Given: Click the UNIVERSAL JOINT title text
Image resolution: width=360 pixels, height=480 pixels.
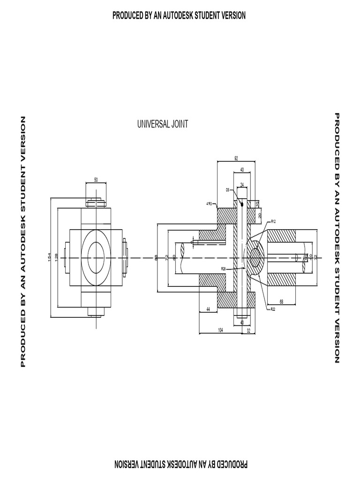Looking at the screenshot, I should click(x=163, y=124).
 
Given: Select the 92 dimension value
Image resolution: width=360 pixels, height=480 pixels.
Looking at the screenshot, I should click(x=236, y=158).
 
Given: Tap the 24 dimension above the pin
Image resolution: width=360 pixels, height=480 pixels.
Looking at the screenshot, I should click(x=242, y=184).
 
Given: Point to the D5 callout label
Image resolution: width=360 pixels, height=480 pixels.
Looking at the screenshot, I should click(x=227, y=190).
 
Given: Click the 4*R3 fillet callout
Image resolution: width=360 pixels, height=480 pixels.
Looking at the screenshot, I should click(x=209, y=204).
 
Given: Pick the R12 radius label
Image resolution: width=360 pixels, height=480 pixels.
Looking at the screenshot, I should click(x=273, y=221).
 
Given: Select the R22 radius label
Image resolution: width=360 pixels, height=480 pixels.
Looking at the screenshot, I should click(x=273, y=309).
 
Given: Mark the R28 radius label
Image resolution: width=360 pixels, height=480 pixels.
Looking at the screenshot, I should click(x=224, y=269).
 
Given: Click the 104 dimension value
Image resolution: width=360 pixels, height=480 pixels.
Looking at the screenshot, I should click(x=220, y=330).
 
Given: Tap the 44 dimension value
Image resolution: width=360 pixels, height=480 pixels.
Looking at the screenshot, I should click(x=208, y=310).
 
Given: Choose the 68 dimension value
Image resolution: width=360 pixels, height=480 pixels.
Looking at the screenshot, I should click(x=281, y=301).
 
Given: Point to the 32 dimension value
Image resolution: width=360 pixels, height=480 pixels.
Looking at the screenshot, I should click(x=248, y=330).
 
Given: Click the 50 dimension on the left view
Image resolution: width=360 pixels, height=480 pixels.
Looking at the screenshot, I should click(x=96, y=180).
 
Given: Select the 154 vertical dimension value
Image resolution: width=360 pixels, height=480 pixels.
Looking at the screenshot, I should click(x=49, y=257).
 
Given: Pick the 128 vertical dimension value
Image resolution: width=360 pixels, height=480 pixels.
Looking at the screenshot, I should click(x=56, y=257).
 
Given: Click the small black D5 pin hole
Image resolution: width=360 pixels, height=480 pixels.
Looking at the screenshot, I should click(x=242, y=204).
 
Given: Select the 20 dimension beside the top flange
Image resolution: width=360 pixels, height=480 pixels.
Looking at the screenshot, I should click(x=259, y=215).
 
